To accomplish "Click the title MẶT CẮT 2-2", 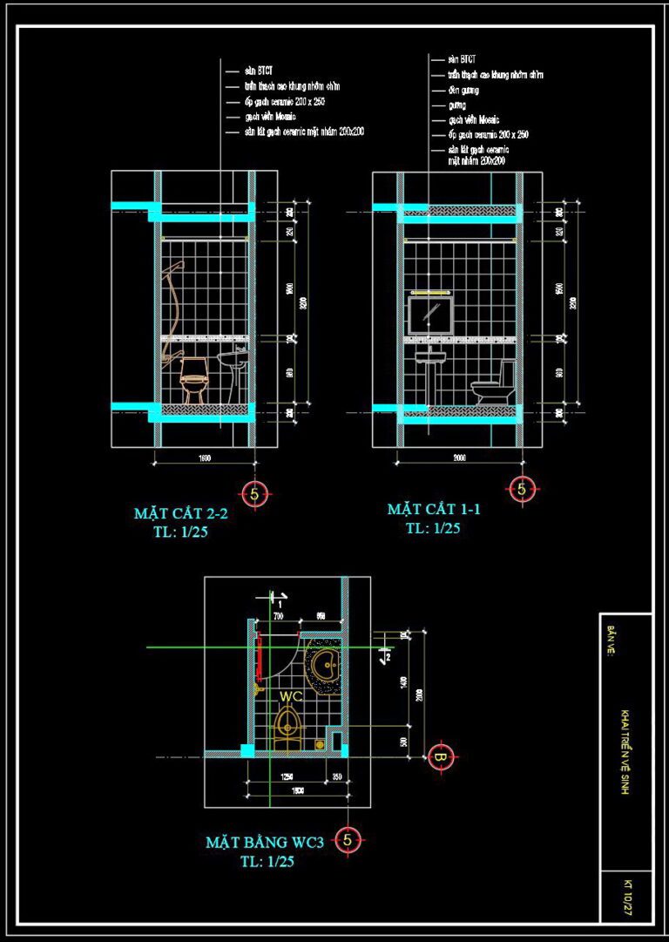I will (180, 513).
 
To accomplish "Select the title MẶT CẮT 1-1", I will (435, 509).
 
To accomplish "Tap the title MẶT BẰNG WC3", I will (265, 842).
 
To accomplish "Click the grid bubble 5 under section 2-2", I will (254, 494).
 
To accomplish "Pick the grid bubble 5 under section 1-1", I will (522, 489).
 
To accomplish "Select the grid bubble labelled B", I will (441, 756).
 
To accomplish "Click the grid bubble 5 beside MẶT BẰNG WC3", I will (348, 840).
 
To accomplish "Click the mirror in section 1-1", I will (430, 315).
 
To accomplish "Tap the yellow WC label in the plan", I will (291, 696).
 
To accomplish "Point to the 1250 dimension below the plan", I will (286, 775).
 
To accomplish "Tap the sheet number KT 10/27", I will (626, 896).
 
